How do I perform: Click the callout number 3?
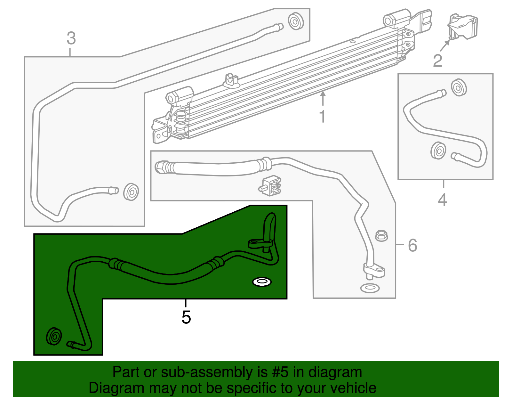coord(71,38)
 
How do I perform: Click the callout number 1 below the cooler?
coord(322,116)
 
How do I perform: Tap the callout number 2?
coord(437,61)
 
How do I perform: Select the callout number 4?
coord(442,200)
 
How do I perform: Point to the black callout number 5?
coord(186,317)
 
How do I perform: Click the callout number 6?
coord(412,245)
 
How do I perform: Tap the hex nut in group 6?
coord(381,236)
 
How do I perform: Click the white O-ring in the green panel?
coord(262,282)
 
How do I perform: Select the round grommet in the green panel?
coord(54,336)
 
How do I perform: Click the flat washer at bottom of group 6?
coord(370,288)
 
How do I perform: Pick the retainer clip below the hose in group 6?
coord(271,186)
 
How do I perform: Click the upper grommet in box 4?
coord(459,87)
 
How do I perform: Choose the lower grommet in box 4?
coord(438,150)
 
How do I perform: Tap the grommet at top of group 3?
coord(295,21)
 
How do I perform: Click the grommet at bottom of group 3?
coord(131,192)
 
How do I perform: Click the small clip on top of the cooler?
coord(231,80)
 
